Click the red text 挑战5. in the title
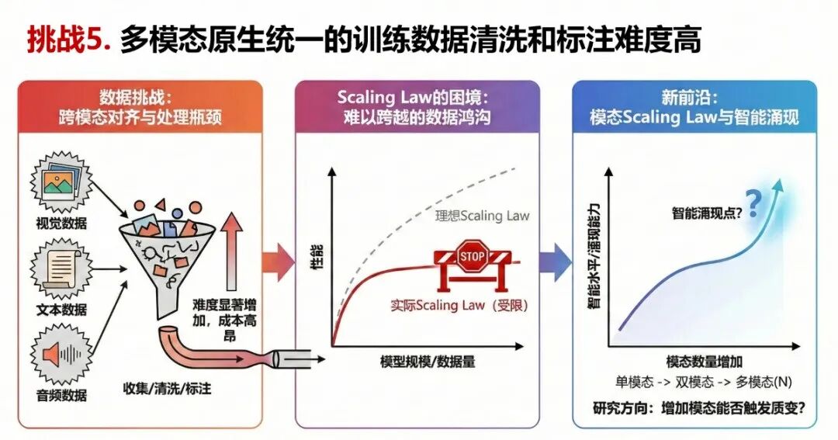(x=69, y=40)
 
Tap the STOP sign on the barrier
(x=472, y=257)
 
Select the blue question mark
(x=753, y=203)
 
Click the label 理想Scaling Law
(x=482, y=216)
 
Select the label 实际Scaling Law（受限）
(x=459, y=305)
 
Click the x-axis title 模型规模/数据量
(x=428, y=362)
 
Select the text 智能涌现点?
(x=707, y=213)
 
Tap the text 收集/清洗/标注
(x=167, y=389)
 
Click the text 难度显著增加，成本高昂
(x=224, y=320)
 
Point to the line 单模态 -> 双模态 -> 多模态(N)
(x=703, y=383)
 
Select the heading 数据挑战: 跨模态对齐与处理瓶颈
(x=140, y=107)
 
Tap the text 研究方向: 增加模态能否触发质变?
(x=699, y=409)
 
